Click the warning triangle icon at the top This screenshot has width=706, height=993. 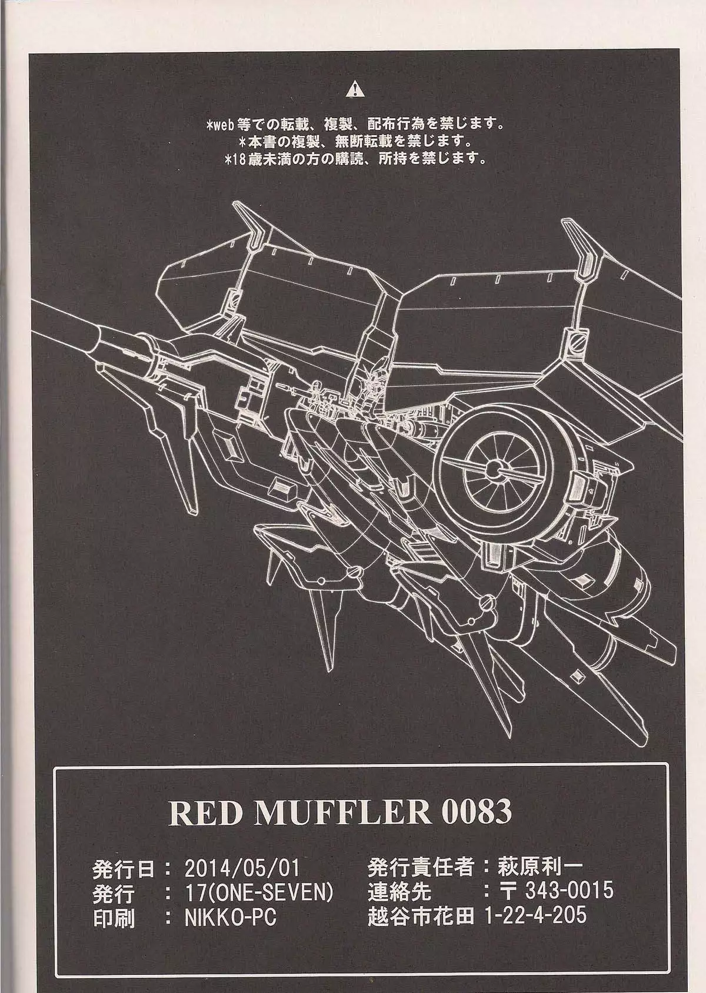[x=356, y=90]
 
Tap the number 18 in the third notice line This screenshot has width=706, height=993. [x=239, y=159]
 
